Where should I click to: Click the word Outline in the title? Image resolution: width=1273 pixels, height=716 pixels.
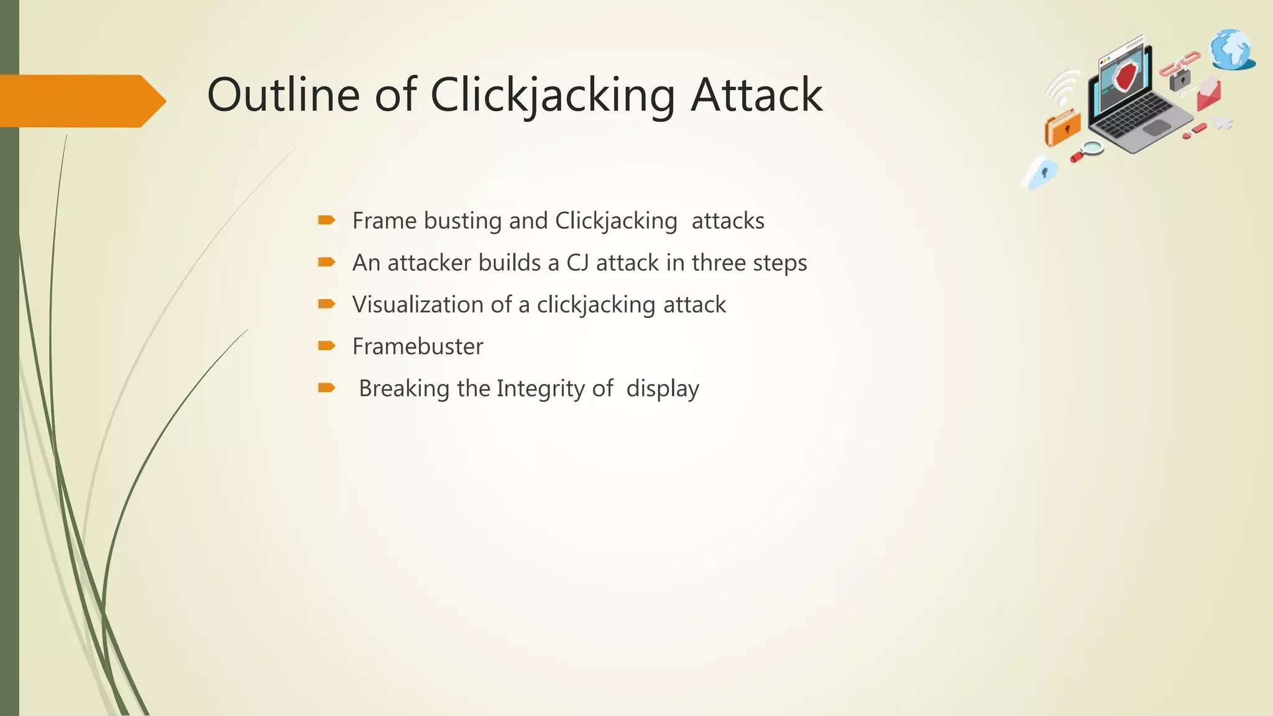coord(283,94)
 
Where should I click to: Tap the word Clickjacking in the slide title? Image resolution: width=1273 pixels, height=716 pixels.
coord(552,96)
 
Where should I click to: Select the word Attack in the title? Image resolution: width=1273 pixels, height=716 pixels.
coord(756,94)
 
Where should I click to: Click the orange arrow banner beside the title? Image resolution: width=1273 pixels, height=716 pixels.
coord(81,101)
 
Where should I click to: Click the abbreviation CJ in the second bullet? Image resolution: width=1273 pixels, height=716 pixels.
coord(577,263)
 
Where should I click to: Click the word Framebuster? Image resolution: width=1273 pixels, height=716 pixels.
coord(418,346)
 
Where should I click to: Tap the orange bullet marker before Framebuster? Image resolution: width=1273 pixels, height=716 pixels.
coord(326,346)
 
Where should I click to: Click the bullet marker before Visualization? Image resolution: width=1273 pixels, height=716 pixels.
coord(326,304)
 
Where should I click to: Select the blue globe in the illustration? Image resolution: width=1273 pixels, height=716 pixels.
coord(1231,50)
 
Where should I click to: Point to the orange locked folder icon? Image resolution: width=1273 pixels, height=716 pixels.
coord(1063,128)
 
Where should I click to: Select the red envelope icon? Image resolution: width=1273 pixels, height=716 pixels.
coord(1209,93)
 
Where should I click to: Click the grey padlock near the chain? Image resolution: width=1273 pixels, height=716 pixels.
coord(1179,80)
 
